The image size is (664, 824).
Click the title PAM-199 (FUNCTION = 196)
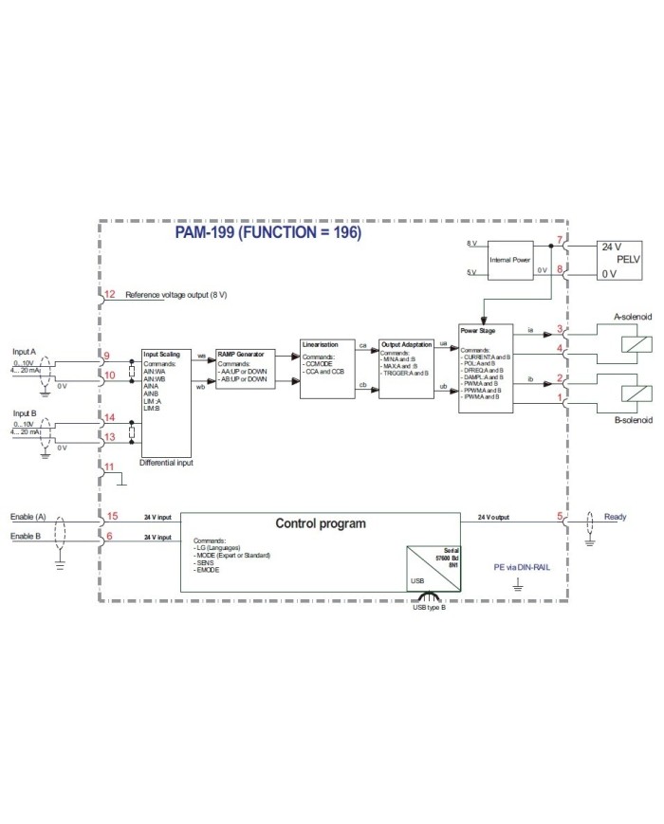tap(268, 232)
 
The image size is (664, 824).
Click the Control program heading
tap(320, 523)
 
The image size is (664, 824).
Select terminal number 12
tap(110, 295)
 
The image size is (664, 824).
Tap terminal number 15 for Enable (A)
tap(111, 517)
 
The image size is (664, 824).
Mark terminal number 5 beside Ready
tap(560, 517)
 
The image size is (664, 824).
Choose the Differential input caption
tap(167, 464)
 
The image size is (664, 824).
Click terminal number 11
tap(110, 467)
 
